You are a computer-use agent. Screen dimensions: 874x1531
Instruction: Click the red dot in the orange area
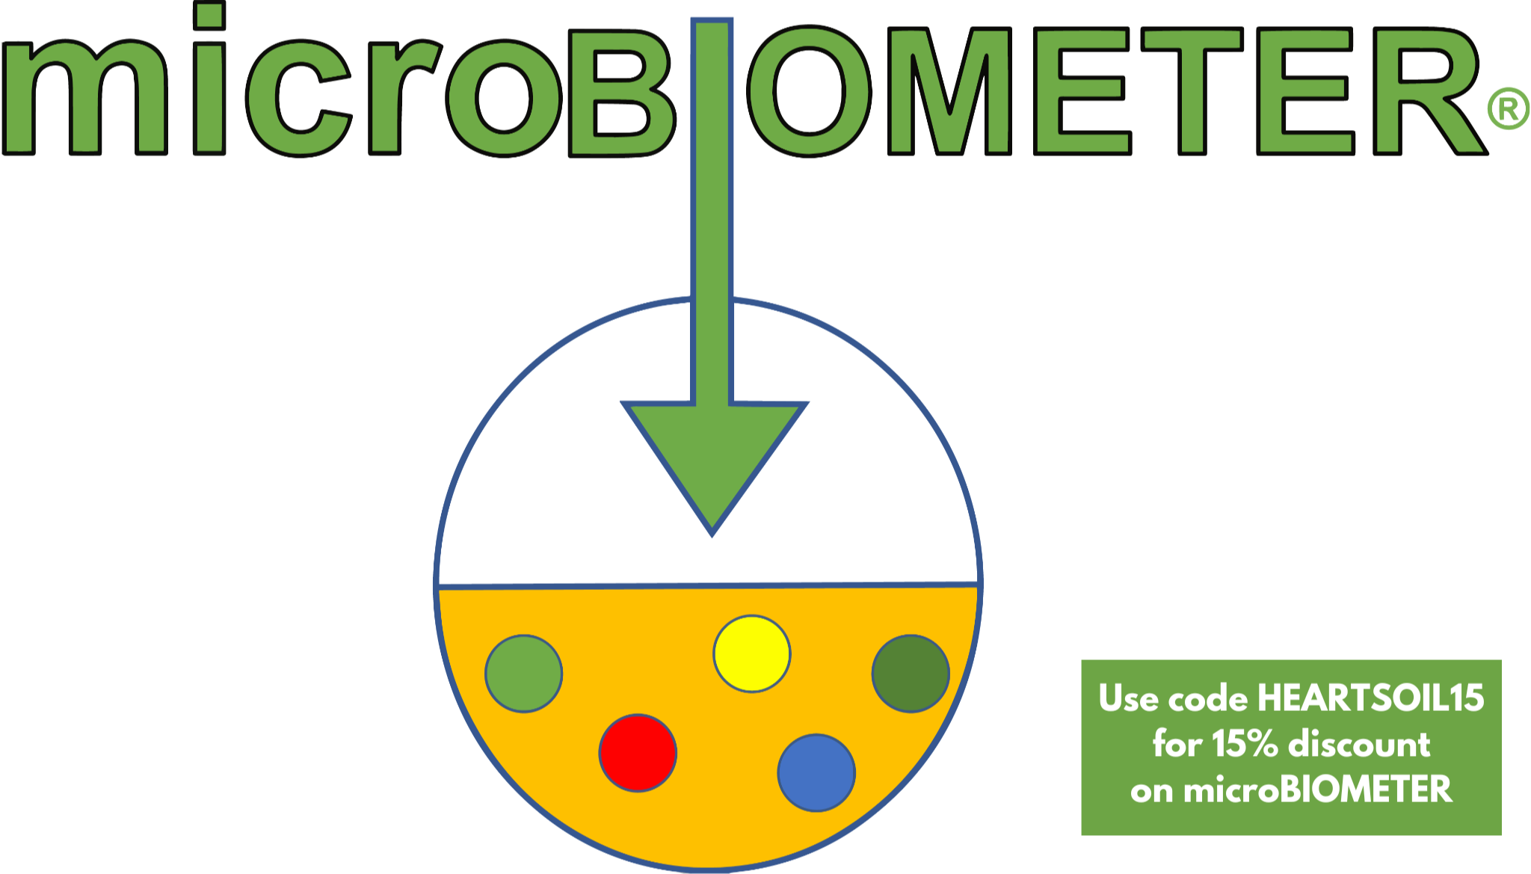pos(638,753)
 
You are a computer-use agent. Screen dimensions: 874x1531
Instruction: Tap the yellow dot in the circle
pos(751,653)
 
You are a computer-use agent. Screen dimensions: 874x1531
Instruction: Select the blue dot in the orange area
pos(816,772)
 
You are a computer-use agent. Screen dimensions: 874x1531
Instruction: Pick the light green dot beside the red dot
pos(523,674)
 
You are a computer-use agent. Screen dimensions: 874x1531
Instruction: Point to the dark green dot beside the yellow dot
pos(911,674)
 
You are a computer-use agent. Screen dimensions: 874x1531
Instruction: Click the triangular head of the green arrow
pos(714,456)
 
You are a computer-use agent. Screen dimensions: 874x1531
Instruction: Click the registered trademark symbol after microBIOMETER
pos(1508,109)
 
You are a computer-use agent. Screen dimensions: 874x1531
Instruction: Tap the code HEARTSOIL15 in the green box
pos(1370,698)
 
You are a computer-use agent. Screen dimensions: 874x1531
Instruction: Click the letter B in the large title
pos(620,93)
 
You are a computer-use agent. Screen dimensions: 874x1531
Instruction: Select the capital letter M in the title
pos(950,91)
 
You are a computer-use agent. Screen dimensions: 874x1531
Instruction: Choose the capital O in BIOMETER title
pos(810,91)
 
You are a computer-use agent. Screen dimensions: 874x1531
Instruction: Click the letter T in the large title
pos(1192,91)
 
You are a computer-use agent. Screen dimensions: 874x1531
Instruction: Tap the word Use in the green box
pos(1130,698)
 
